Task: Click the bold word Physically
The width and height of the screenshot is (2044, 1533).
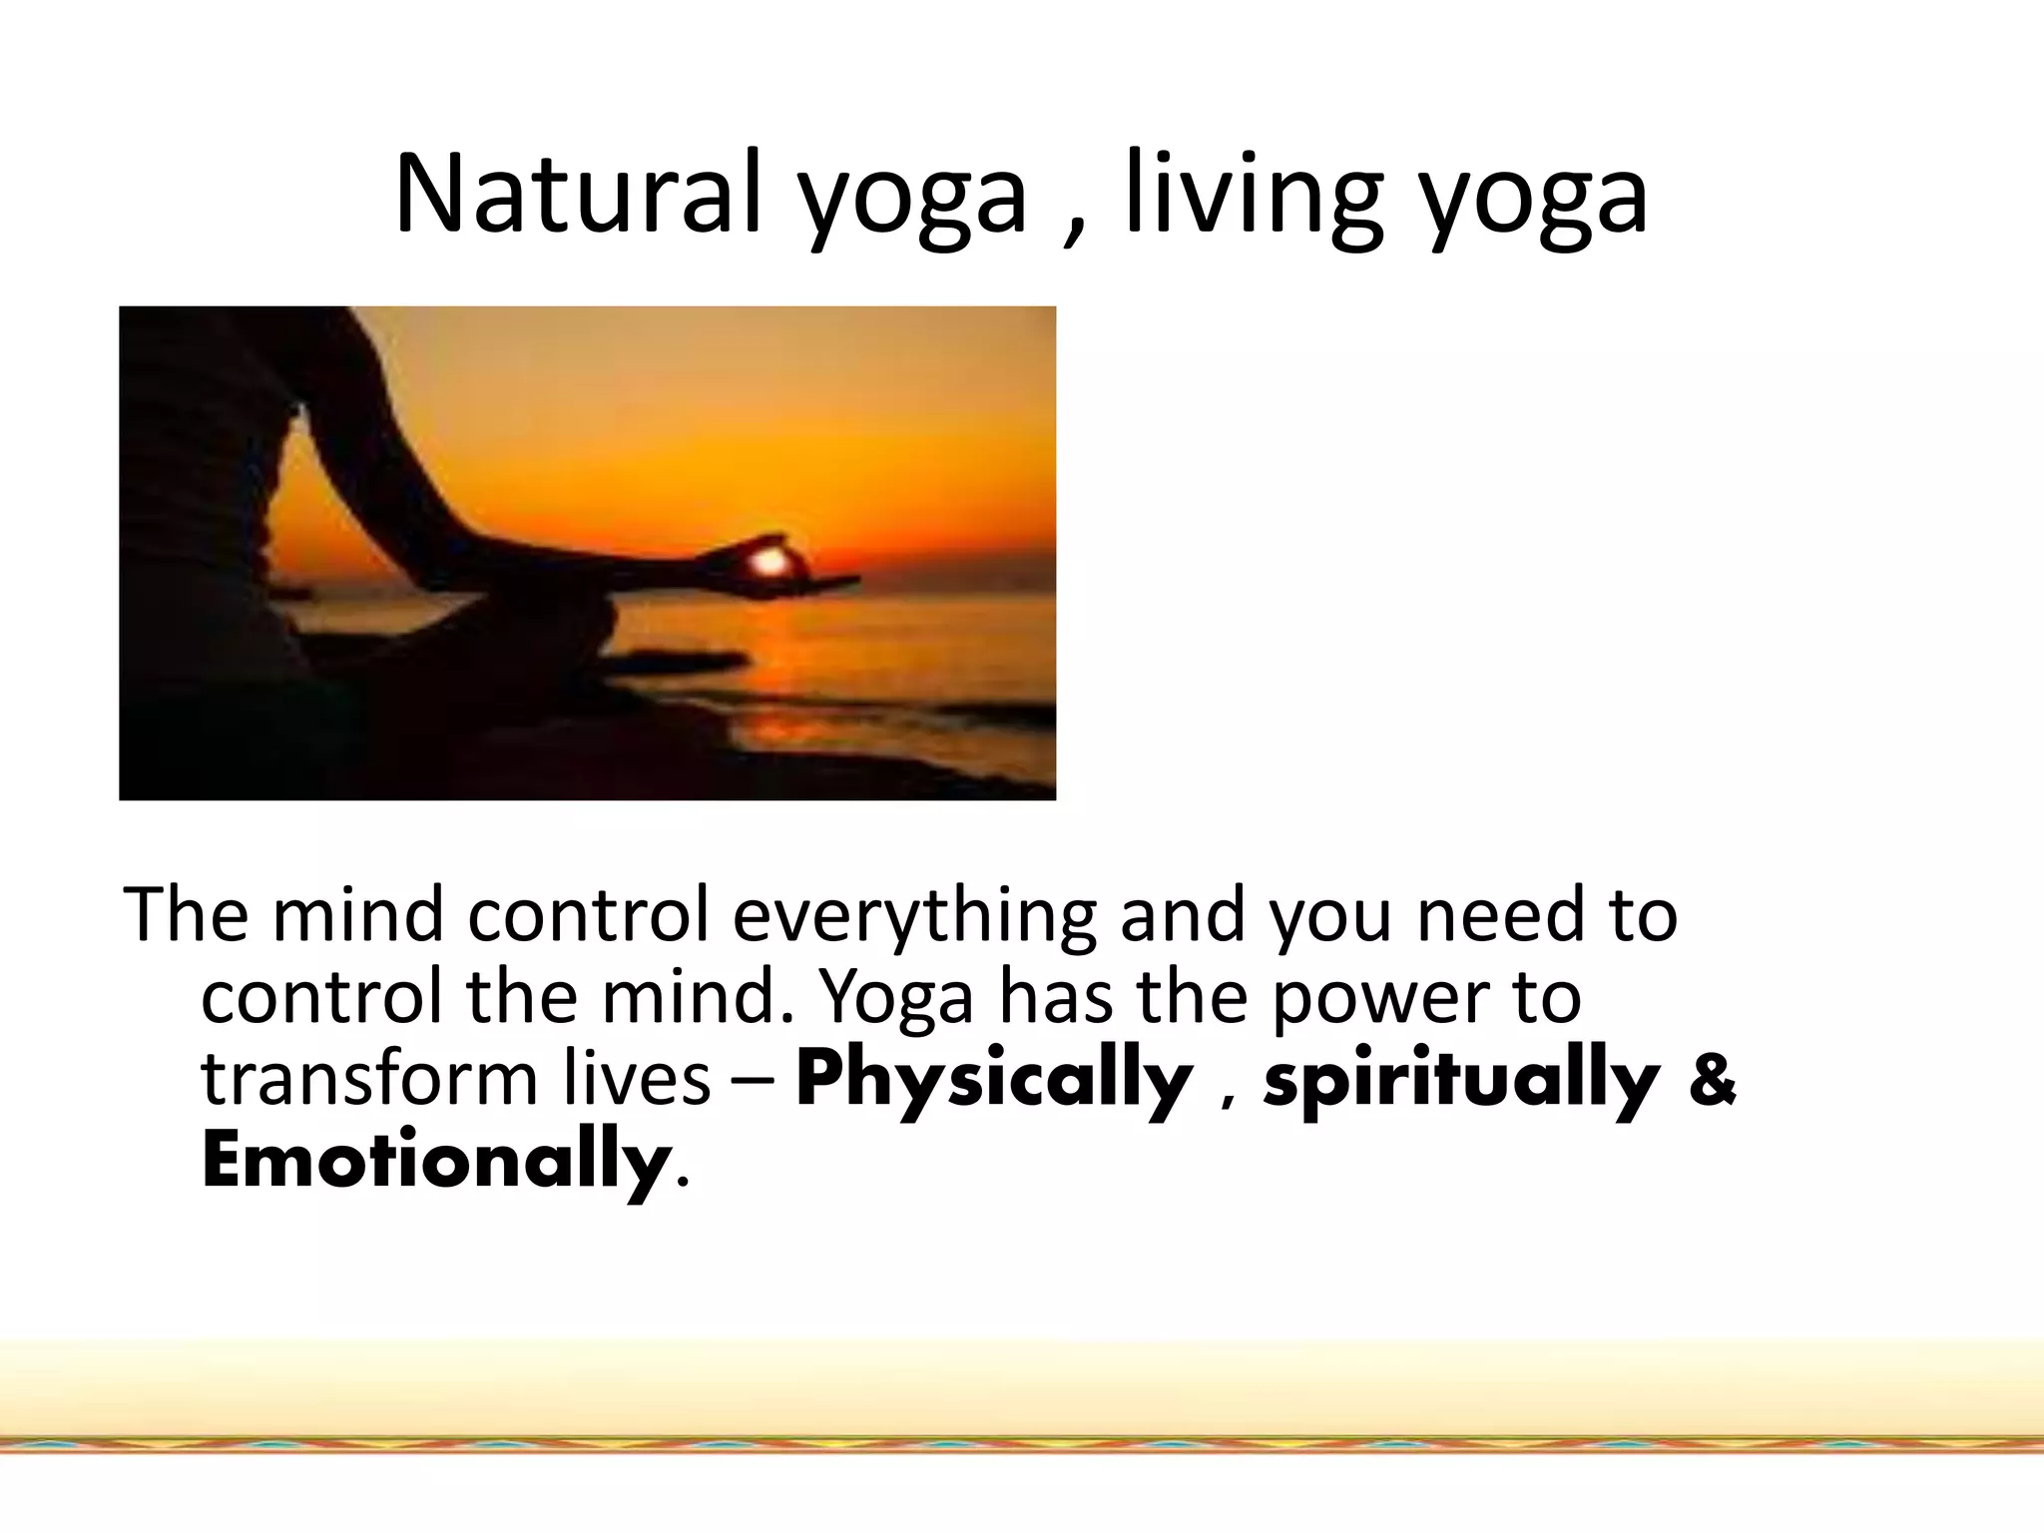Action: click(994, 1082)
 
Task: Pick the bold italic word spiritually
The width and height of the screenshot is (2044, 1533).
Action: click(1461, 1082)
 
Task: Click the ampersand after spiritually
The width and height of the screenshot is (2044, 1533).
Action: click(1713, 1082)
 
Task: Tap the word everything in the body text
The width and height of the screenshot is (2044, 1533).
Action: click(914, 916)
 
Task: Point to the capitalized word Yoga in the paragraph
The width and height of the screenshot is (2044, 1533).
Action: click(895, 998)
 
